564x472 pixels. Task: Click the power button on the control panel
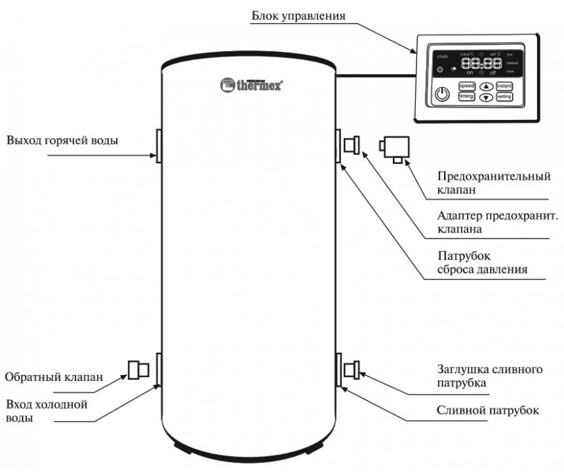pyautogui.click(x=442, y=94)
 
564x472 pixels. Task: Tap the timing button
pyautogui.click(x=466, y=96)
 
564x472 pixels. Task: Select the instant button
pyautogui.click(x=505, y=86)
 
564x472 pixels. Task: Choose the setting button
pyautogui.click(x=505, y=96)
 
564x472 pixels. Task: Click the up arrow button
pyautogui.click(x=486, y=86)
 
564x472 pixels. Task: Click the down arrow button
pyautogui.click(x=486, y=97)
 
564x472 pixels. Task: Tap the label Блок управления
pyautogui.click(x=303, y=15)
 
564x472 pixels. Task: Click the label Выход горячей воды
pyautogui.click(x=63, y=141)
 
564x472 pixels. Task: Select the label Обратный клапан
pyautogui.click(x=54, y=378)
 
